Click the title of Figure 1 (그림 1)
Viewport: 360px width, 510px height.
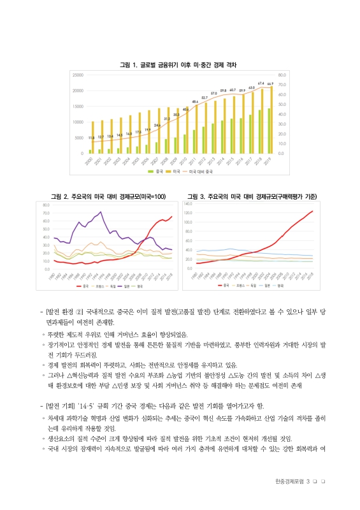point(180,65)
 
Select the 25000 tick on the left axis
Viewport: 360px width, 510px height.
point(78,75)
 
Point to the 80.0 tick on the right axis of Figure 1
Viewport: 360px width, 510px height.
point(282,75)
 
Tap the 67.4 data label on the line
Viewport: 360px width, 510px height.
point(261,84)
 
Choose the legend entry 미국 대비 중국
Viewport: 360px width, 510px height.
point(199,171)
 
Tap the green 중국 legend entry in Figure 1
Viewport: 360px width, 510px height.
point(154,171)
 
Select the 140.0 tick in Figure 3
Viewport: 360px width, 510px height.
point(189,203)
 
